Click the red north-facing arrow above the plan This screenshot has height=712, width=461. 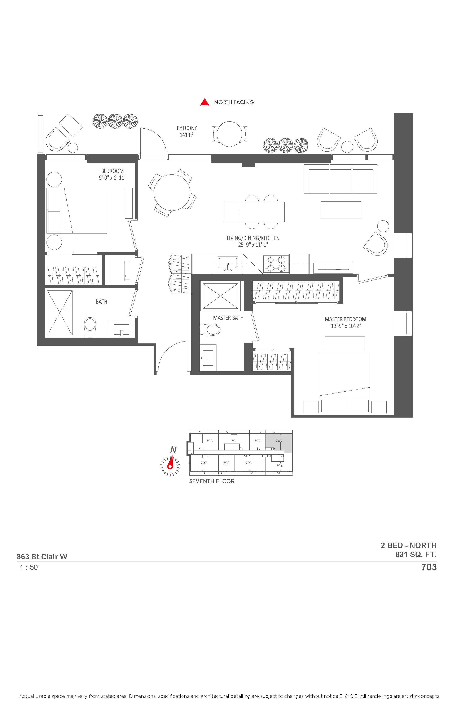click(x=205, y=102)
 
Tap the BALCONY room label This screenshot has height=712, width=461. click(x=187, y=128)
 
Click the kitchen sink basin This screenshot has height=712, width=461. click(x=228, y=264)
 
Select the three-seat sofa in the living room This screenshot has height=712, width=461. click(x=341, y=179)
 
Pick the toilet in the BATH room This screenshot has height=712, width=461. click(x=90, y=327)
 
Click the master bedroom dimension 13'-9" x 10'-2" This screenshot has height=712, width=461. click(x=346, y=326)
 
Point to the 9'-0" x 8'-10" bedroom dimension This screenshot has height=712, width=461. click(x=113, y=178)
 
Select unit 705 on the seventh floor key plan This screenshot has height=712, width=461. click(x=249, y=463)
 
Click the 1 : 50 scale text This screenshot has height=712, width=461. click(x=29, y=568)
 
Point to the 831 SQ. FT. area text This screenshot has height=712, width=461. click(x=416, y=554)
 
